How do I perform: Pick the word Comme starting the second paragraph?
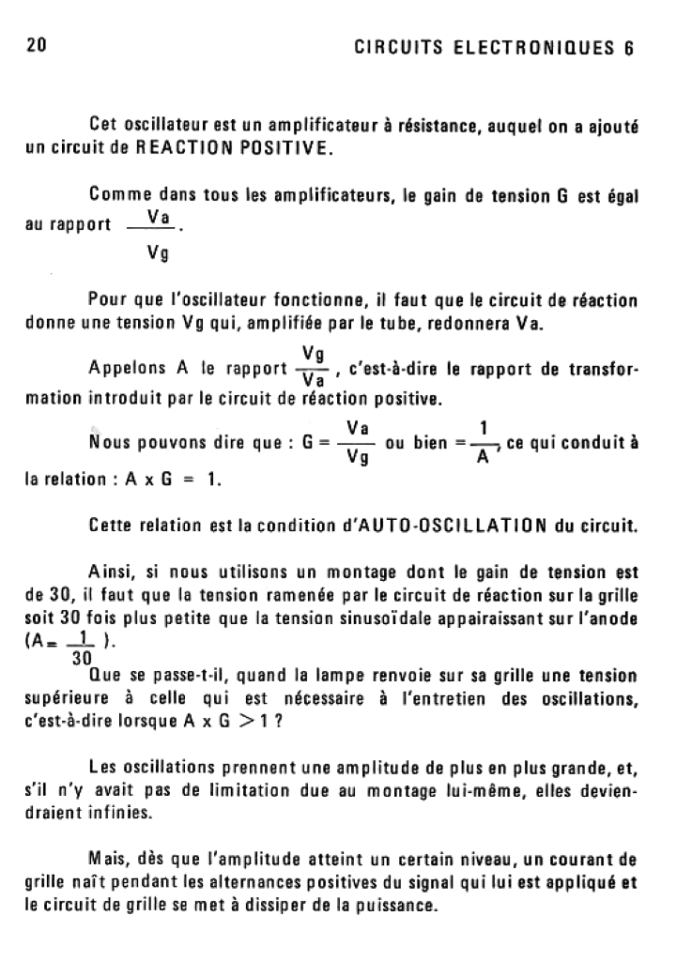tap(117, 196)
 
